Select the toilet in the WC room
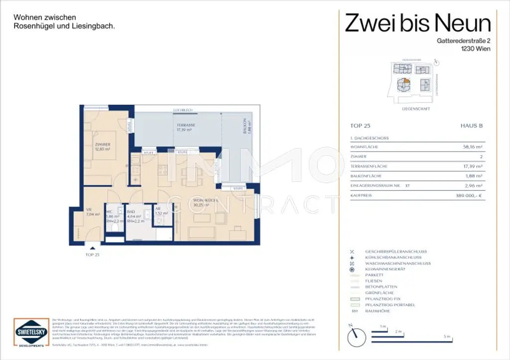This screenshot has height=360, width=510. click(x=114, y=228)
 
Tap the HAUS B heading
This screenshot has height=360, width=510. click(x=473, y=126)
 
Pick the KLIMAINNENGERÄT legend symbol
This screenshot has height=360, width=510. click(x=352, y=269)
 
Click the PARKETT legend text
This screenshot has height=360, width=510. click(x=374, y=275)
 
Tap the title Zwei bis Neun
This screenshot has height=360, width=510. click(x=418, y=23)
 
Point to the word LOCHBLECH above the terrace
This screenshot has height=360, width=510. click(x=183, y=110)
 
